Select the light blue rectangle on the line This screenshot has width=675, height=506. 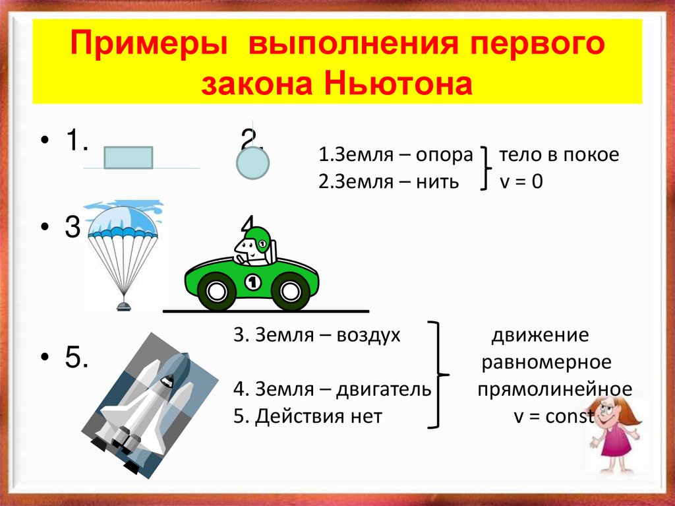point(129,158)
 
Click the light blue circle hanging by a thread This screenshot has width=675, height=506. point(252,163)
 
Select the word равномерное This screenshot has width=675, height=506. point(546,363)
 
